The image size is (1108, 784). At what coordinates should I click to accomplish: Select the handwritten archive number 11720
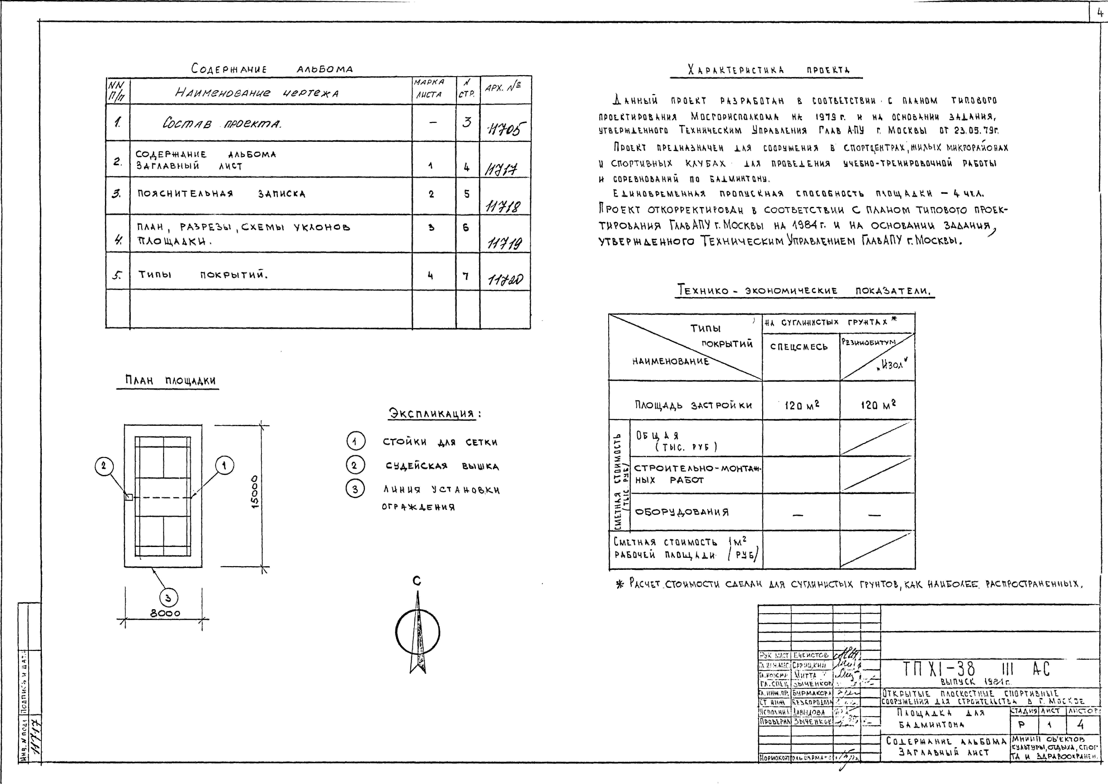click(x=505, y=280)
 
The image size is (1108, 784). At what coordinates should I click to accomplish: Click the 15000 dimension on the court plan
click(x=255, y=491)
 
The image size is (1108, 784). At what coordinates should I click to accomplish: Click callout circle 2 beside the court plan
click(x=104, y=466)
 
